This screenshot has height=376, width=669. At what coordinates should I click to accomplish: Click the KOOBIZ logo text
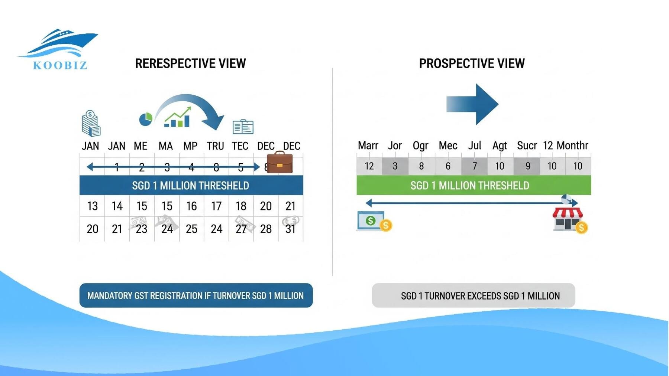[60, 65]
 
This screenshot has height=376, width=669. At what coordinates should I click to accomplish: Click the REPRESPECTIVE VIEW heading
[190, 63]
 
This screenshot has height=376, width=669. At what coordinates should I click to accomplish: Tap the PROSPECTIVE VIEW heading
[472, 63]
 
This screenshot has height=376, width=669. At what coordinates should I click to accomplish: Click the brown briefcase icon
[279, 163]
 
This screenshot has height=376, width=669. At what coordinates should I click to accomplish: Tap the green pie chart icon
[145, 119]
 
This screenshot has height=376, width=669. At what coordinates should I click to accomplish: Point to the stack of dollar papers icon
[91, 124]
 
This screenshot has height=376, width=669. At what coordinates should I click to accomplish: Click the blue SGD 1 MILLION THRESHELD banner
[191, 185]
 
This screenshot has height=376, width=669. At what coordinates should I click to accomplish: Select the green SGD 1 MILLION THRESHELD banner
[473, 185]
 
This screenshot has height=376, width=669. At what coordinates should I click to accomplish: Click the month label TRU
[215, 146]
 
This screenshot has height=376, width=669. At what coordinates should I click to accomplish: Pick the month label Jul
[475, 146]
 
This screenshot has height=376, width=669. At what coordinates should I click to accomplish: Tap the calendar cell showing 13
[92, 206]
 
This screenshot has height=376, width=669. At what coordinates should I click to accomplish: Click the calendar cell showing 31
[290, 229]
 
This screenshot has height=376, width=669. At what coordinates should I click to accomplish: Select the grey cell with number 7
[474, 166]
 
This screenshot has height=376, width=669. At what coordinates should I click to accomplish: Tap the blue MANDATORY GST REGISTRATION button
[196, 295]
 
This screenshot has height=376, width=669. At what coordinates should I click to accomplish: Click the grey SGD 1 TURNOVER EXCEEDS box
[473, 295]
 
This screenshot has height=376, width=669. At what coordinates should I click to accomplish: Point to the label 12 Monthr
[565, 146]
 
